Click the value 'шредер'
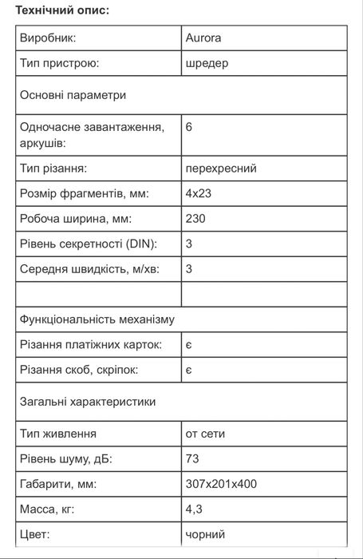pyautogui.click(x=207, y=63)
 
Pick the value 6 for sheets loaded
pyautogui.click(x=188, y=127)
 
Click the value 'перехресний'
pyautogui.click(x=220, y=168)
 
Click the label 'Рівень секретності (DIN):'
pyautogui.click(x=88, y=244)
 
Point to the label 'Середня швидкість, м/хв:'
pyautogui.click(x=89, y=269)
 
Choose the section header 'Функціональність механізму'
pyautogui.click(x=97, y=319)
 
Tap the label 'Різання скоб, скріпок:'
pyautogui.click(x=78, y=371)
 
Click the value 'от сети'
pyautogui.click(x=204, y=434)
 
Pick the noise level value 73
pyautogui.click(x=191, y=458)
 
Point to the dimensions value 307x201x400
pyautogui.click(x=220, y=484)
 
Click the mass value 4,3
pyautogui.click(x=193, y=509)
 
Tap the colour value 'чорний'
pyautogui.click(x=204, y=534)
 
